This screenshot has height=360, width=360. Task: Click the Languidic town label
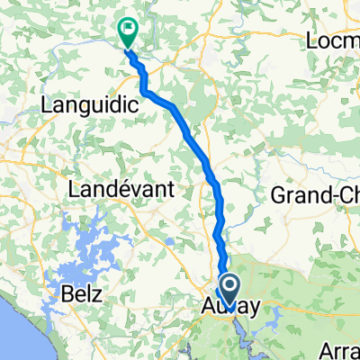tap(90, 105)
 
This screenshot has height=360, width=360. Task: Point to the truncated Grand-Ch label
tap(315, 195)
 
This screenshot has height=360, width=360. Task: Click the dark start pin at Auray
tap(229, 292)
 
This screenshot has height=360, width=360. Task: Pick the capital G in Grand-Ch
tap(279, 195)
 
